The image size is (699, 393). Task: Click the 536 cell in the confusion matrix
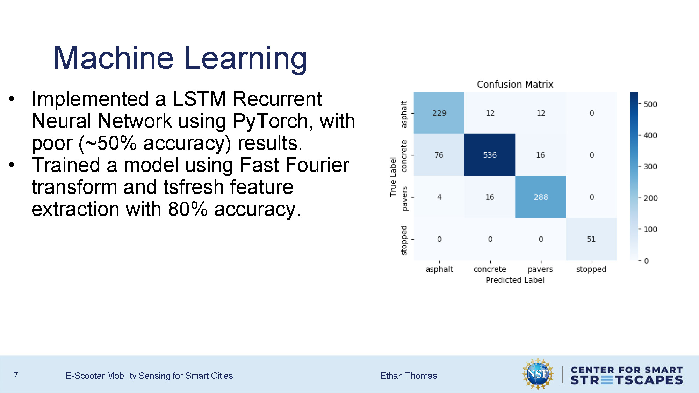[490, 155]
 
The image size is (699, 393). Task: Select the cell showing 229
[439, 113]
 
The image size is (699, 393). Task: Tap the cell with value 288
[540, 197]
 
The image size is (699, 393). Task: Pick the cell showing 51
[591, 239]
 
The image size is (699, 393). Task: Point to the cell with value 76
[439, 155]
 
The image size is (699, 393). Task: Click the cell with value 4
[439, 197]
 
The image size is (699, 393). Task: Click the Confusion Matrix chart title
[515, 85]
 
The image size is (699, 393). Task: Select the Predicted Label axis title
[515, 280]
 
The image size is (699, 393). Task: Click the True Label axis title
[393, 177]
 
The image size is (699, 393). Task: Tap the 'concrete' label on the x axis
[490, 269]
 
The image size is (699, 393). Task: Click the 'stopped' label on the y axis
[404, 240]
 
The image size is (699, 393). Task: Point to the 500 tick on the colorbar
[650, 104]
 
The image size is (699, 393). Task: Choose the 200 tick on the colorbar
[650, 198]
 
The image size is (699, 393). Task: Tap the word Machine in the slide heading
[113, 58]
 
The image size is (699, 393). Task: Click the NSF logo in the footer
[538, 374]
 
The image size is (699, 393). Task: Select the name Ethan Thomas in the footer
[408, 376]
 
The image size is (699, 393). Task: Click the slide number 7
[15, 376]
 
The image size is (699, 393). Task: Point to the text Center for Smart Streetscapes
[626, 375]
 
